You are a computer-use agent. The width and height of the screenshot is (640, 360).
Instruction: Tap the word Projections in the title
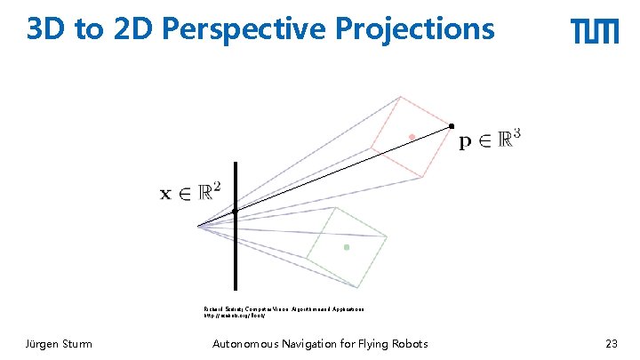(415, 29)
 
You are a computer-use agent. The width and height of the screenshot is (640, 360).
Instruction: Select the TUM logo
(595, 32)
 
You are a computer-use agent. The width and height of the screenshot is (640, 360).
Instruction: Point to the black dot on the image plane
(236, 211)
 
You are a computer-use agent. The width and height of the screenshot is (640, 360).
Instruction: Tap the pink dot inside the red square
(412, 136)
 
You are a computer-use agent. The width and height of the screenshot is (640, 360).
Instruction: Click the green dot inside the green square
(347, 246)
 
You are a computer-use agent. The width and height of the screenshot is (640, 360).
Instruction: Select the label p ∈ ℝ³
(490, 140)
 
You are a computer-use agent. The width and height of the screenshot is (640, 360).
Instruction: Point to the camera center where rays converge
(198, 225)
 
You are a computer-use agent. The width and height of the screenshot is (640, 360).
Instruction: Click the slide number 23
(611, 344)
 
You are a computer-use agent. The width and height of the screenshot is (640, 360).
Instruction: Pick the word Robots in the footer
(405, 344)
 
